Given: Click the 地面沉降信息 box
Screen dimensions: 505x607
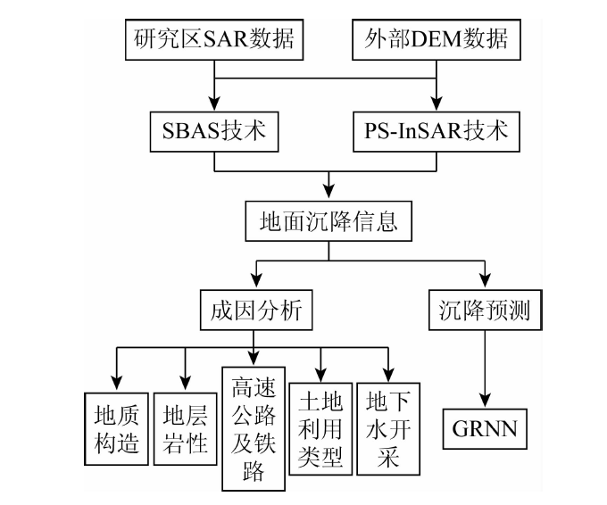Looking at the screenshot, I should tap(327, 219).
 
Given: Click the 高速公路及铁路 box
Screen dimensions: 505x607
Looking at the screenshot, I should tap(254, 430).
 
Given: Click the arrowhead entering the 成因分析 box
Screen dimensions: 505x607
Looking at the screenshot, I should tap(255, 283).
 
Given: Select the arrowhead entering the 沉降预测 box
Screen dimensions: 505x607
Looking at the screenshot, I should tap(483, 283).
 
